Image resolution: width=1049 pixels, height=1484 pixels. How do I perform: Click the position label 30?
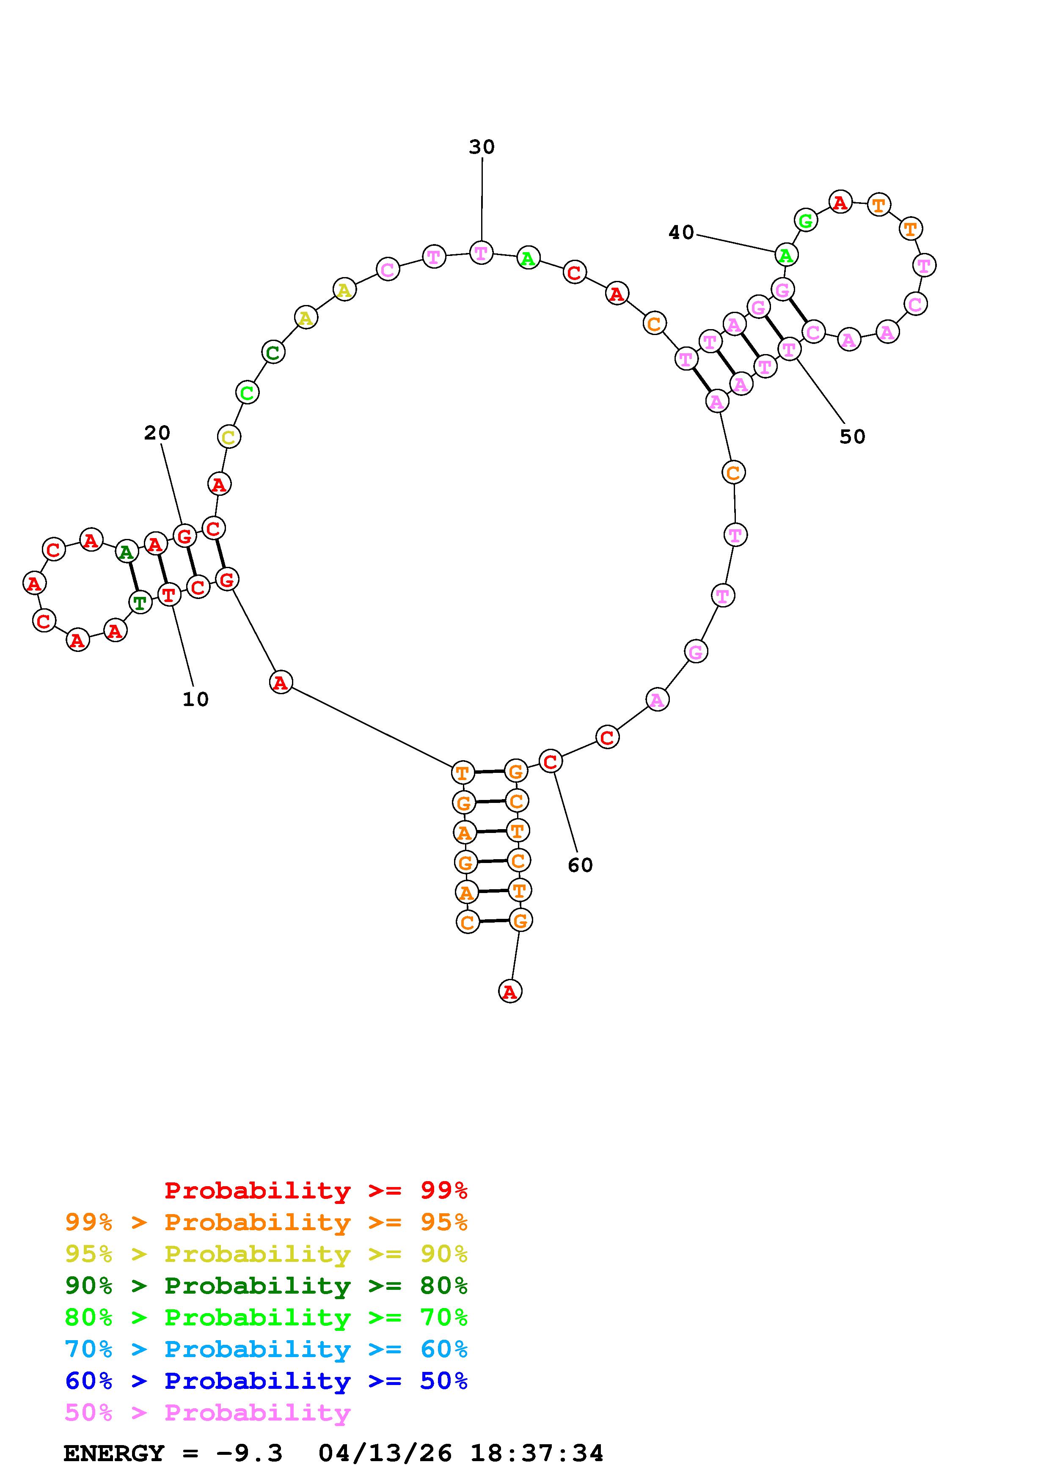[482, 147]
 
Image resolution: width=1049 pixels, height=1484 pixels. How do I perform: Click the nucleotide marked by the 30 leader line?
[480, 252]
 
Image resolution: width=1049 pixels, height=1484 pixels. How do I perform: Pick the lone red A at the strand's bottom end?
[510, 991]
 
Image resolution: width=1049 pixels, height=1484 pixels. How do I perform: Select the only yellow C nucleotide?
[228, 437]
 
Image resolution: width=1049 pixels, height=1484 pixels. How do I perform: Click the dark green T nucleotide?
[140, 603]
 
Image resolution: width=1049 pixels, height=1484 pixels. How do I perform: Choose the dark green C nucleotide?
[273, 352]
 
